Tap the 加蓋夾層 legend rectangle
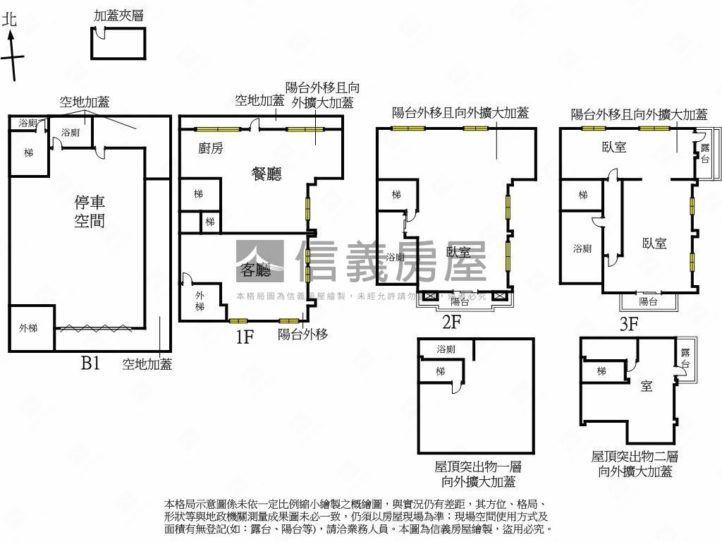pos(118,43)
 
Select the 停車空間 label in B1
pos(90,212)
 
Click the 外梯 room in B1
pos(31,328)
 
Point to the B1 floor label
pos(91,363)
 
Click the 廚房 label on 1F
pos(211,148)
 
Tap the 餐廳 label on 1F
pos(267,174)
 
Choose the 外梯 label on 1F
pos(200,301)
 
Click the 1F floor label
pos(245,337)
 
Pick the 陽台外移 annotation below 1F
pos(302,335)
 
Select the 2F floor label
pos(451,323)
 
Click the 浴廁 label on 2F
pos(396,257)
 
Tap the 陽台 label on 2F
pos(460,301)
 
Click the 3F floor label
pos(628,325)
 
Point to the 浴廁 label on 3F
pos(582,248)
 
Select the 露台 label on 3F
pos(704,152)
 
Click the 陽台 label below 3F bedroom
pos(648,302)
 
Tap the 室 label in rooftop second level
pos(646,386)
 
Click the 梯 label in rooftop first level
pos(440,372)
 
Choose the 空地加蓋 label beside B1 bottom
pos(147,364)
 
